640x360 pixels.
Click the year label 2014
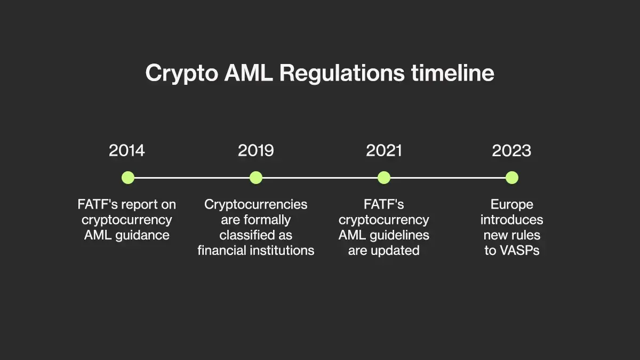tap(127, 150)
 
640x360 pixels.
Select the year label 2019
tap(255, 150)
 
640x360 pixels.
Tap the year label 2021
tap(383, 150)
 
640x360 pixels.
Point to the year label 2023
tap(511, 150)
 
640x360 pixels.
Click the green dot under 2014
tap(128, 178)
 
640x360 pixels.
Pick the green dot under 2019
tap(256, 178)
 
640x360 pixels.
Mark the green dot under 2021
tap(384, 178)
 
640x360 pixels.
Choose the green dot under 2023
tap(512, 178)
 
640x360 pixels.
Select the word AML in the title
tap(249, 73)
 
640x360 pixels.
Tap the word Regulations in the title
tap(342, 74)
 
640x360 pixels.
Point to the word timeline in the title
tap(453, 73)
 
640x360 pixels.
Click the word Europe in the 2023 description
tap(512, 205)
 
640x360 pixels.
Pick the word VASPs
tap(519, 251)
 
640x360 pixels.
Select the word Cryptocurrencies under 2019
tap(255, 205)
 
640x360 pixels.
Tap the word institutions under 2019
tap(282, 251)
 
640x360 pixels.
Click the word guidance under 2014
tap(142, 236)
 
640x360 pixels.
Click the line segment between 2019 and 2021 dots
tap(320, 178)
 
